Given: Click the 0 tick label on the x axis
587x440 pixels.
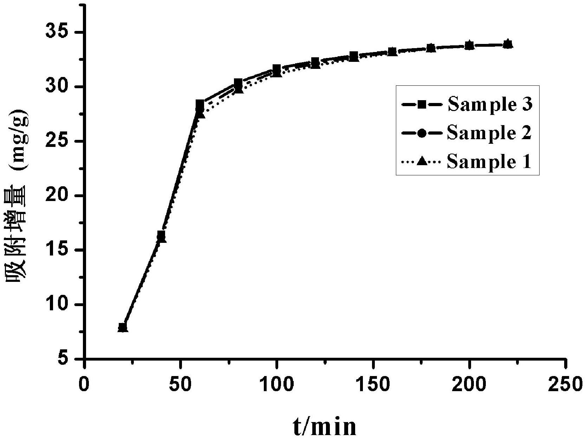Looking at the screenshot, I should click(84, 384).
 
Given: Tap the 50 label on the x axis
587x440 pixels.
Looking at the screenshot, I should click(180, 384).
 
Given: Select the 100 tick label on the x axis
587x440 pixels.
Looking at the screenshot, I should click(276, 384).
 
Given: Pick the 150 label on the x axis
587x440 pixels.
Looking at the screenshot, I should click(373, 384).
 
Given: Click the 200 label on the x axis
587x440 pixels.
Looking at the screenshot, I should click(469, 384).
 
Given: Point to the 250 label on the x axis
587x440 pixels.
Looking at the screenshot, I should click(565, 384).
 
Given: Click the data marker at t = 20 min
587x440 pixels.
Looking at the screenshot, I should click(123, 328).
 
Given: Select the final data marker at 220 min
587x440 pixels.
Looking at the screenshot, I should click(508, 44).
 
